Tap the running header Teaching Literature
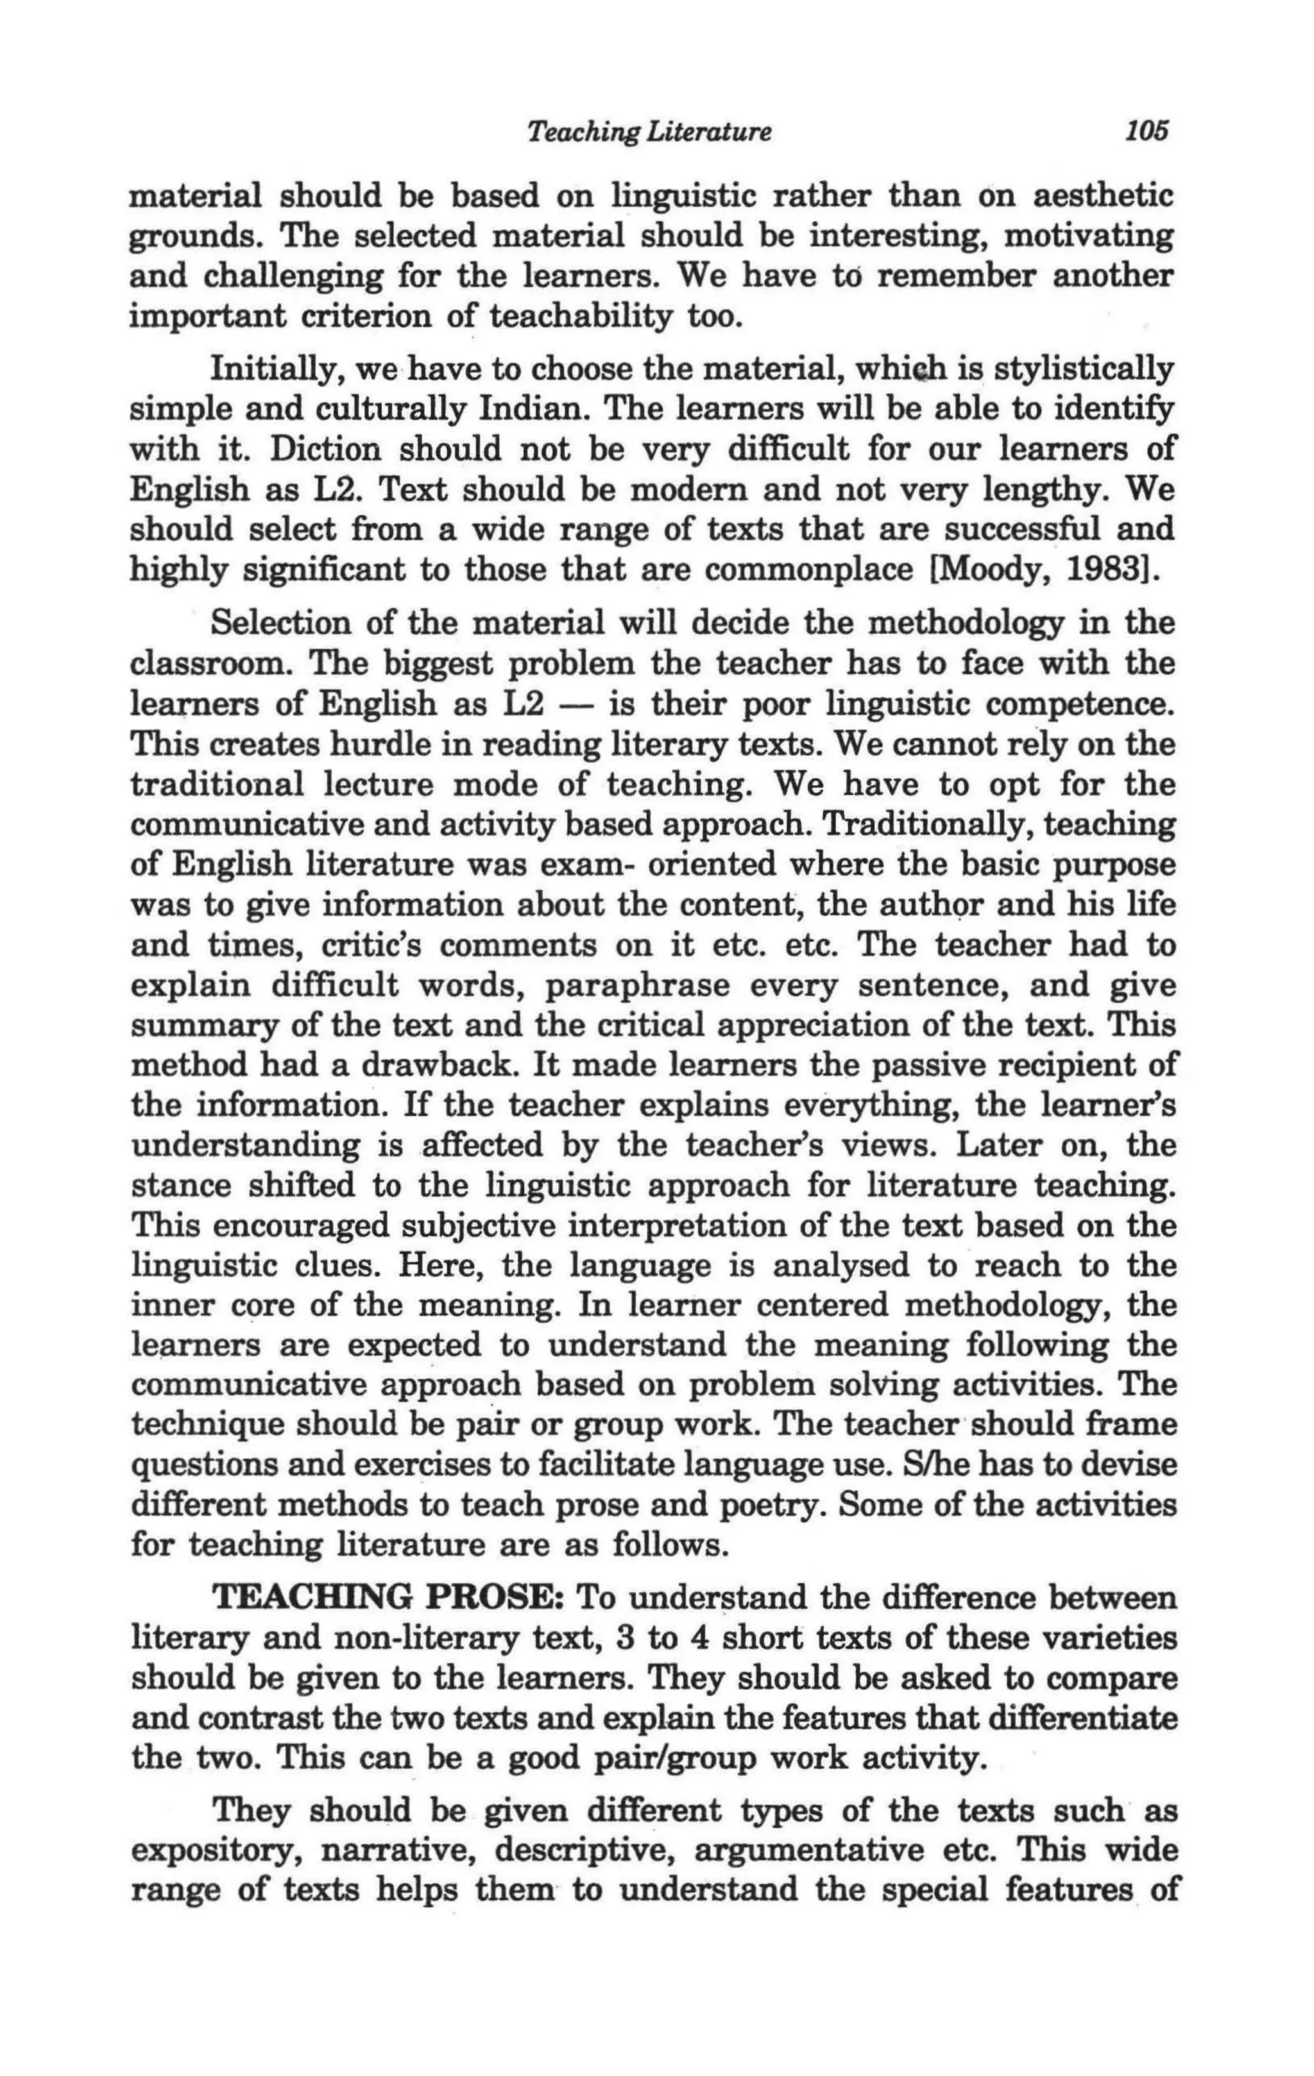[x=649, y=132]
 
